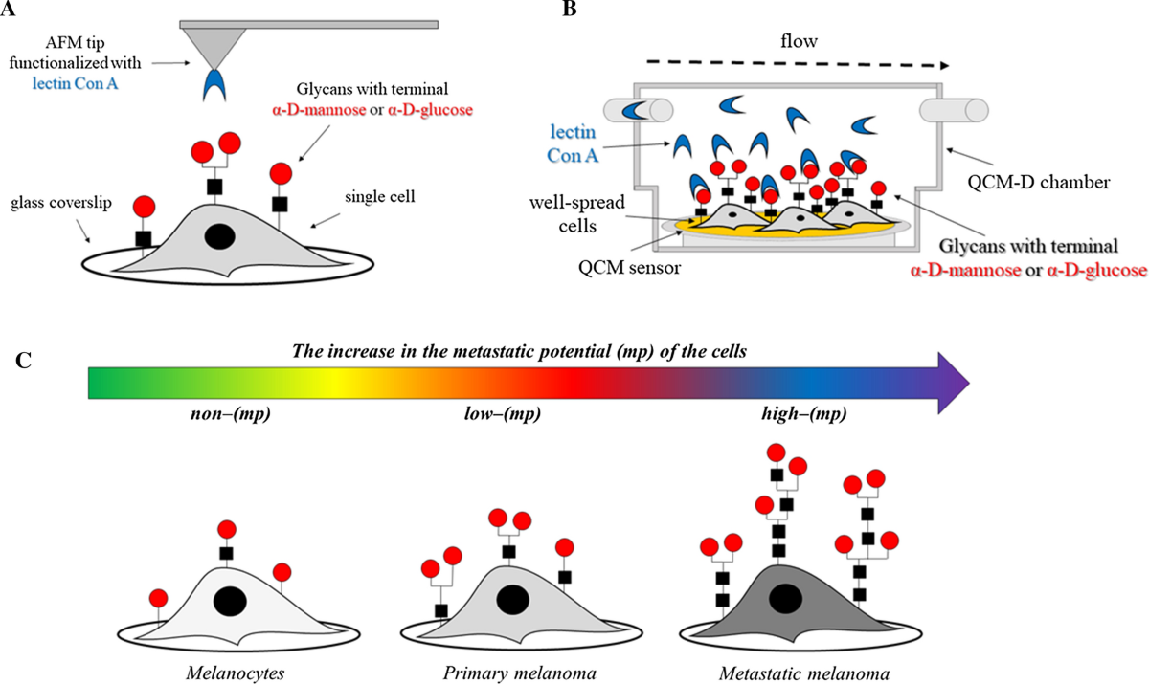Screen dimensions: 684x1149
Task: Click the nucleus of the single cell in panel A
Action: click(221, 235)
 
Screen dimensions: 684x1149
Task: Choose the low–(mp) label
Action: click(494, 413)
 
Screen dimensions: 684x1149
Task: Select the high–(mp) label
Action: click(794, 413)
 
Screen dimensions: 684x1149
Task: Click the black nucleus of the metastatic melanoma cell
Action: click(787, 600)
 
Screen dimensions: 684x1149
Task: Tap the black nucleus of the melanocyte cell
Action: click(229, 601)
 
